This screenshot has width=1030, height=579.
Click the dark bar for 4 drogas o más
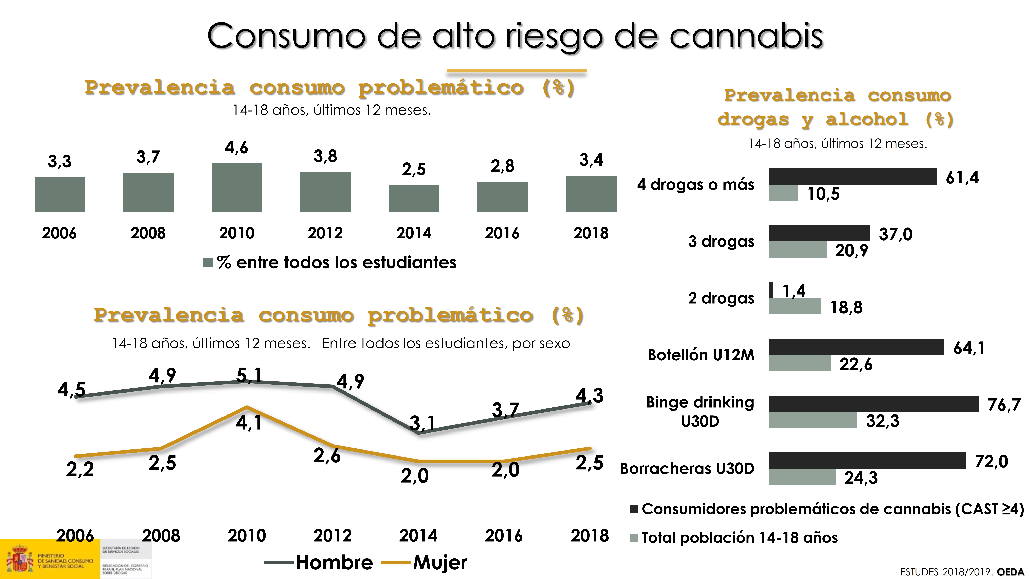point(852,177)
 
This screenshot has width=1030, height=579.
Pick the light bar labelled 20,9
point(797,250)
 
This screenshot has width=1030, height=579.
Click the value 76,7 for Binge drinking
point(1004,405)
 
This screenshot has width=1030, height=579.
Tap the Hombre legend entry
point(334,563)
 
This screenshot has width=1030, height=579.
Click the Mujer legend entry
point(440,563)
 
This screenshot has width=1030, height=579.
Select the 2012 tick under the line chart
point(332,535)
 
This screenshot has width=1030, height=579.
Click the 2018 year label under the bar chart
point(591,233)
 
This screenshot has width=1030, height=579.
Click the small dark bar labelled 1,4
point(771,290)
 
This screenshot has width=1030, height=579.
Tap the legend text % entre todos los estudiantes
point(336,262)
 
